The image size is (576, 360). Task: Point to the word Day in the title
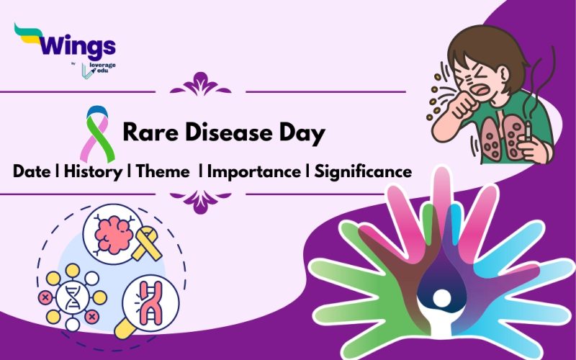300,133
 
